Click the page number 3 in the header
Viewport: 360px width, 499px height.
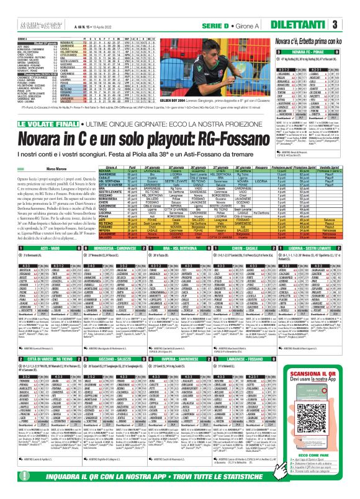coord(352,24)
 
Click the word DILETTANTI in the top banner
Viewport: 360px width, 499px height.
coord(322,24)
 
